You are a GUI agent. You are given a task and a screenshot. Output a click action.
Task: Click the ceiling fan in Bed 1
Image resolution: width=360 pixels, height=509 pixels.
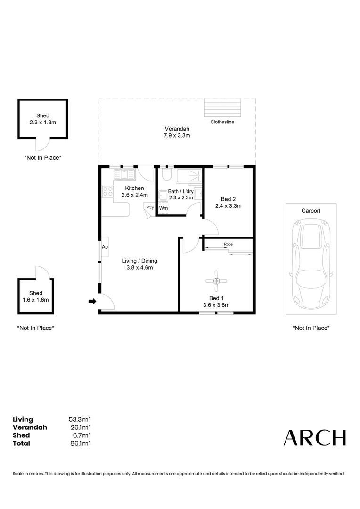point(216,281)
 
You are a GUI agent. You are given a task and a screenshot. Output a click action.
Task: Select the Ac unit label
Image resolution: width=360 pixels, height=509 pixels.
point(105,247)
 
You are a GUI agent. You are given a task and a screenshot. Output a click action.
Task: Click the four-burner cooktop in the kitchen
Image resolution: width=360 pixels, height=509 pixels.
point(108,191)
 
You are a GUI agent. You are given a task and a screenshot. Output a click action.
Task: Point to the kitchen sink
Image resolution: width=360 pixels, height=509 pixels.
point(124,174)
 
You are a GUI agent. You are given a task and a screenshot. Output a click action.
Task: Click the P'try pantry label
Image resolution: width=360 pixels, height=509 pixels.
point(150,207)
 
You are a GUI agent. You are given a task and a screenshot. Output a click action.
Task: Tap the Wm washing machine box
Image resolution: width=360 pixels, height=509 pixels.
point(163,208)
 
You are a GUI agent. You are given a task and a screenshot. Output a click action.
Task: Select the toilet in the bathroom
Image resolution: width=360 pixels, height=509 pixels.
point(165,176)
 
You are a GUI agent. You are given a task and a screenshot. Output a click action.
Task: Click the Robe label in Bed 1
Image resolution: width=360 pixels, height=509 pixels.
point(228,244)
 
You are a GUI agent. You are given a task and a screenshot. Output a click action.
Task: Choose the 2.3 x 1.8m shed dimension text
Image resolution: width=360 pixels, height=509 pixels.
point(42,123)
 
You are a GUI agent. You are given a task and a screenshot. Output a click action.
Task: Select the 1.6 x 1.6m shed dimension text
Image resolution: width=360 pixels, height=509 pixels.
point(36,300)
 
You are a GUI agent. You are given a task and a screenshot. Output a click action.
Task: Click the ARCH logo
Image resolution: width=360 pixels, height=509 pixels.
point(315,438)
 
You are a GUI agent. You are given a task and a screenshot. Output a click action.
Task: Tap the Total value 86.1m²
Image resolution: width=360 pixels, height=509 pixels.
point(80,443)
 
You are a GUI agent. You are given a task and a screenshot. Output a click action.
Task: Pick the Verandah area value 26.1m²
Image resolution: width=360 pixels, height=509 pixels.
point(80,427)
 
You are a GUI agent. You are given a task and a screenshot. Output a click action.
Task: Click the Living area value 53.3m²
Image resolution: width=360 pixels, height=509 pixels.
point(80,419)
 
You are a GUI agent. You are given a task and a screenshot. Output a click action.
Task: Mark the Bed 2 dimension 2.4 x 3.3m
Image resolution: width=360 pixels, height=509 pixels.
point(228,206)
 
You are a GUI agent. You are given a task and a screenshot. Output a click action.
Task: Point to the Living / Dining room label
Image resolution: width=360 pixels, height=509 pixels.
point(139,261)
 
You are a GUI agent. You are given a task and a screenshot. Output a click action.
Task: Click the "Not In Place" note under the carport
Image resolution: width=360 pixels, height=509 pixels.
point(311,328)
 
